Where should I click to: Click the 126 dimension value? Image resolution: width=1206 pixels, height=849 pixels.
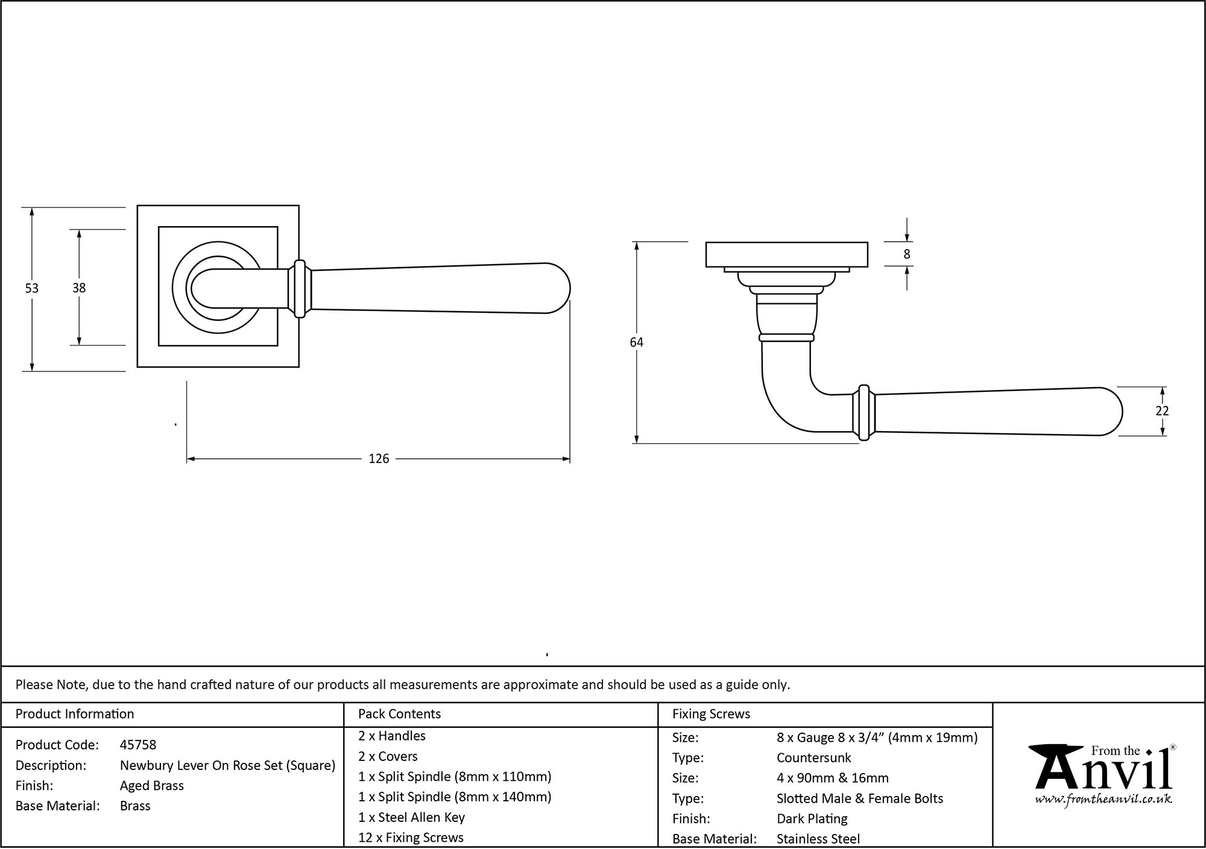pos(379,459)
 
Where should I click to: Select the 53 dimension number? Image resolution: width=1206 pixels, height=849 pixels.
pos(31,289)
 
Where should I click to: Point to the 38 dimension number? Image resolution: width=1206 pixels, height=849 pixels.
pos(79,289)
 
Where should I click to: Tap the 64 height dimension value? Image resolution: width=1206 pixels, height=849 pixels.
pos(636,342)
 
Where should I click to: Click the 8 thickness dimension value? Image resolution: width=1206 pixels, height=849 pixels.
pos(906,254)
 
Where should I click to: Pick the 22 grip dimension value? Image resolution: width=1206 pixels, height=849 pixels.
pos(1162,411)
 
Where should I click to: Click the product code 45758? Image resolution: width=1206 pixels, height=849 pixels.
pos(138,745)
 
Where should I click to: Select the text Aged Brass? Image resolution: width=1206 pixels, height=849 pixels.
pos(151,786)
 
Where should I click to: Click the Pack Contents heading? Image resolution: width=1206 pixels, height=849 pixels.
pos(399,714)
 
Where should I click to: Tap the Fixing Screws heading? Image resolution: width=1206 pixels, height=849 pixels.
pos(711,714)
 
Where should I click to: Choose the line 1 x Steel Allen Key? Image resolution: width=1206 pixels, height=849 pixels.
pos(411,818)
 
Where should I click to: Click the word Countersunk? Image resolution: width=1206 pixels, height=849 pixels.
pos(813,758)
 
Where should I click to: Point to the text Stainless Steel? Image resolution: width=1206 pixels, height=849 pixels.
pos(818,839)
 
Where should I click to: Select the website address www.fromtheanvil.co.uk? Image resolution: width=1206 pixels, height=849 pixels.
pos(1103,800)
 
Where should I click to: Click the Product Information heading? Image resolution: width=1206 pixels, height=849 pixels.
pos(75,714)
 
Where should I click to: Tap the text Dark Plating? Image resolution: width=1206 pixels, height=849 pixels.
pos(812,819)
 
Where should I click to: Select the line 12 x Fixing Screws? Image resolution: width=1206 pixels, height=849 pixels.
pos(411,838)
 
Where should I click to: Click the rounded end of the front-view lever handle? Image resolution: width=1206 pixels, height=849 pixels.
pos(558,288)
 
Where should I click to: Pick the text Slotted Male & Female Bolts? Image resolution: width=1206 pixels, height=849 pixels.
pos(859,799)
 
